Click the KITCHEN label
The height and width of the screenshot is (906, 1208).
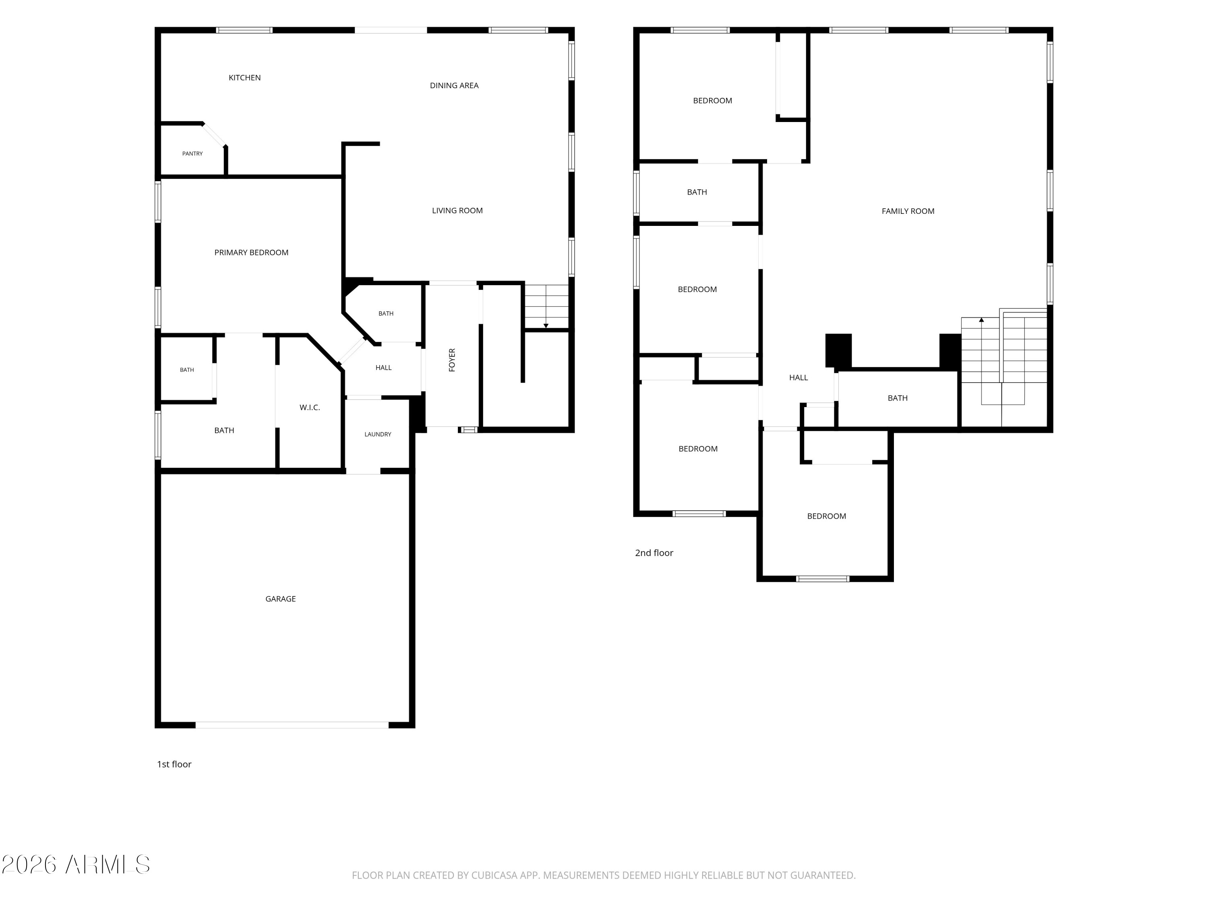245,78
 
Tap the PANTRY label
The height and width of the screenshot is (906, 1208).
192,153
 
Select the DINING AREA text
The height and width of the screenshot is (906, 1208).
454,85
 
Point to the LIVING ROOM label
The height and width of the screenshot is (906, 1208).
457,210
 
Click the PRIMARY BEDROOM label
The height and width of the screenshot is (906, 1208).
251,252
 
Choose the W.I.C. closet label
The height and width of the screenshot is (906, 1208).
310,407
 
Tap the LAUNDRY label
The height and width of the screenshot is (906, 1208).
378,434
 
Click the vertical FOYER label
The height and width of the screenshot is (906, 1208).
452,360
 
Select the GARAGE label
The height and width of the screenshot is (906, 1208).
280,598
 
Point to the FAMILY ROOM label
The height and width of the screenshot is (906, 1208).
908,211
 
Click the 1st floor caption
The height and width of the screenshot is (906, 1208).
174,764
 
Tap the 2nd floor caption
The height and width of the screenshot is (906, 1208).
654,553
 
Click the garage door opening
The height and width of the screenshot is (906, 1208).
292,725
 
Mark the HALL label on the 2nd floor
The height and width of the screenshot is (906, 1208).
798,377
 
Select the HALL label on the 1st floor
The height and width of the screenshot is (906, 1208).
383,368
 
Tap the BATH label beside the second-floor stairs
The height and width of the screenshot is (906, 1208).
897,398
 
